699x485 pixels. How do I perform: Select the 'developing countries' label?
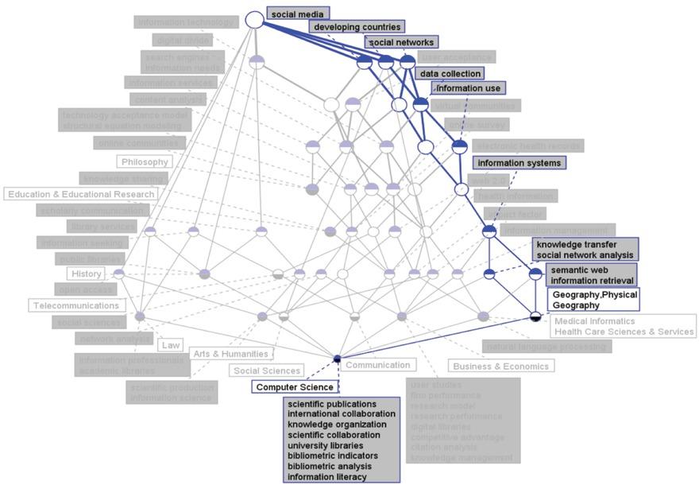click(357, 28)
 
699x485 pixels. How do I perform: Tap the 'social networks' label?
click(402, 42)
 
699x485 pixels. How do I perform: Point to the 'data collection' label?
click(450, 74)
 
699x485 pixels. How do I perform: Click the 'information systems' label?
click(519, 163)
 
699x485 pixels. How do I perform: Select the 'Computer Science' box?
click(295, 386)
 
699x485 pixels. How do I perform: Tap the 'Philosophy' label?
click(145, 162)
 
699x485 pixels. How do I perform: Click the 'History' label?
click(86, 274)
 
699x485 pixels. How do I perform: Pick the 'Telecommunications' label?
click(77, 305)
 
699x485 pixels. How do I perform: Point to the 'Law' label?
click(170, 345)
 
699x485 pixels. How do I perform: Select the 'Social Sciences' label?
click(267, 371)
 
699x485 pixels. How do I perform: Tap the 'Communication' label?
click(379, 366)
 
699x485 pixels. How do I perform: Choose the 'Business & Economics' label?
click(500, 367)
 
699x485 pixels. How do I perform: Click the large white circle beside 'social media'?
click(254, 19)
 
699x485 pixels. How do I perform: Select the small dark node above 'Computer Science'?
click(338, 359)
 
